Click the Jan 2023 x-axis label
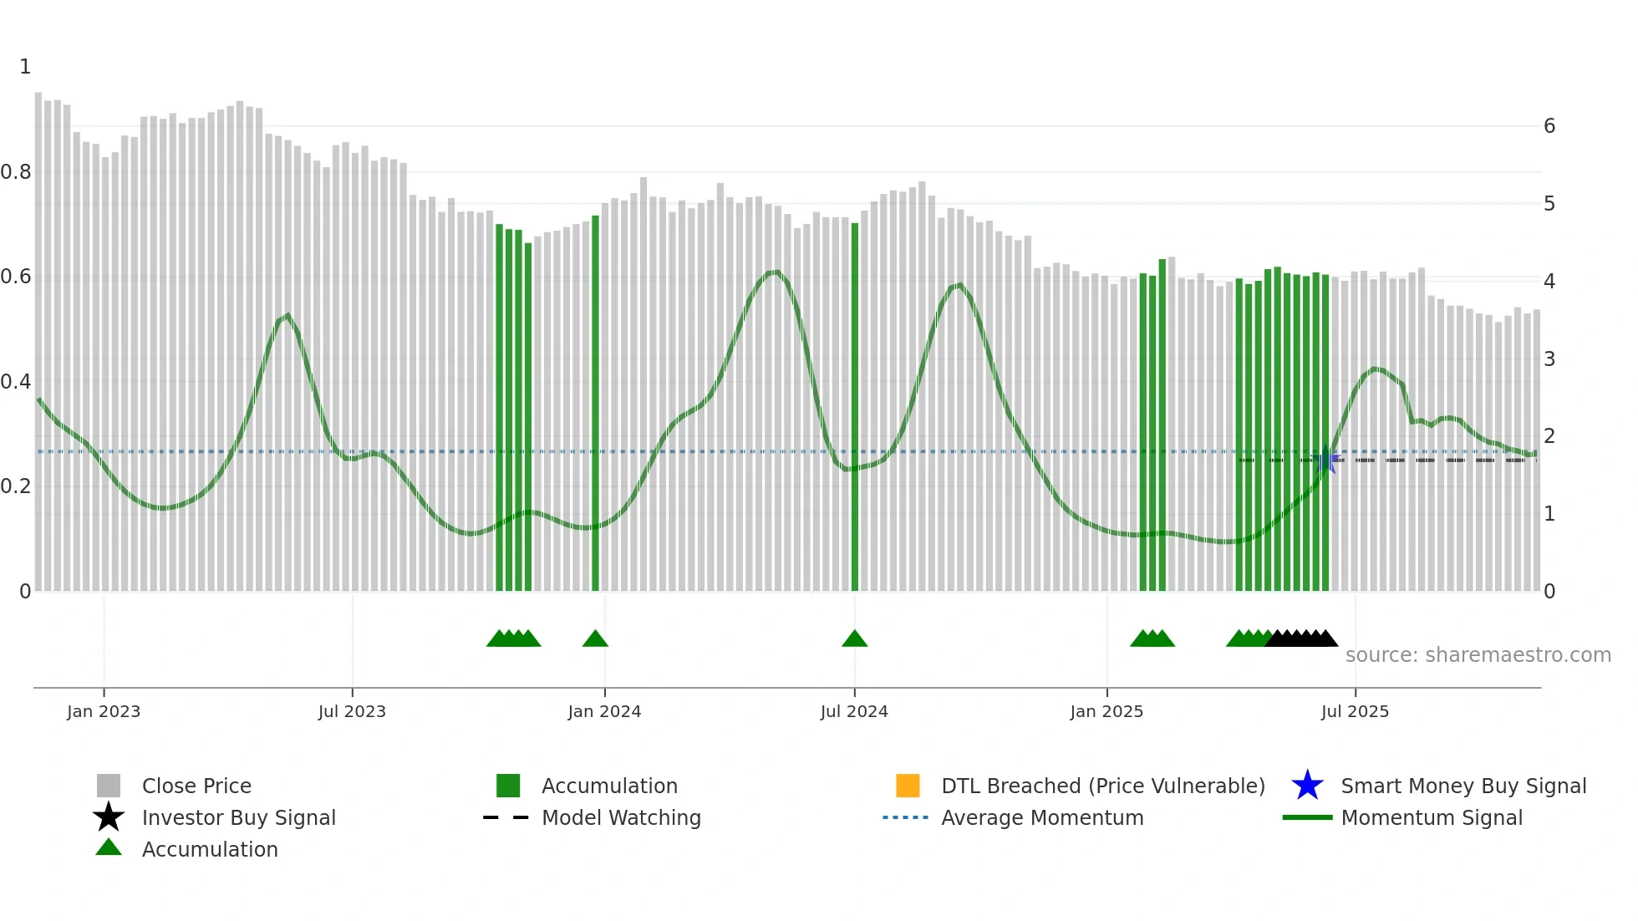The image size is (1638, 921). pos(104,711)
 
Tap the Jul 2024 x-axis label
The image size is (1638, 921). pos(854,711)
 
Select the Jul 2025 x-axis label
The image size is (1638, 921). pos(1355,711)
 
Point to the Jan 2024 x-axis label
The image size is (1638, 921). pos(604,711)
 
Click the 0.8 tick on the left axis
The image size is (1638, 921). pos(16,172)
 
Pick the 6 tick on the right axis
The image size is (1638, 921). pos(1549,126)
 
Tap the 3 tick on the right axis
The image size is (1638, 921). pos(1549,359)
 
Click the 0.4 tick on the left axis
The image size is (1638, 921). pos(16,382)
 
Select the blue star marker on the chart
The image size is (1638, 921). pos(1326,460)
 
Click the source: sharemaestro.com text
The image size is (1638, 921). pos(1478,655)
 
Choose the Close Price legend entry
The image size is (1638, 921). pos(196,786)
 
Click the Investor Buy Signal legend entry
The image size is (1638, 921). pos(238,817)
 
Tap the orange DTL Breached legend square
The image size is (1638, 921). pos(908,786)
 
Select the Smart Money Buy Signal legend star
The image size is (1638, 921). pos(1307,786)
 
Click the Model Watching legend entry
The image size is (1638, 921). pos(620,817)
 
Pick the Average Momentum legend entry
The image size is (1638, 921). pos(1041,817)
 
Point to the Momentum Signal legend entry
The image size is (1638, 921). pos(1431,817)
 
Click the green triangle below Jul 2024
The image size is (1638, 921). pos(854,639)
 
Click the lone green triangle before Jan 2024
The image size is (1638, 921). pos(595,639)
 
